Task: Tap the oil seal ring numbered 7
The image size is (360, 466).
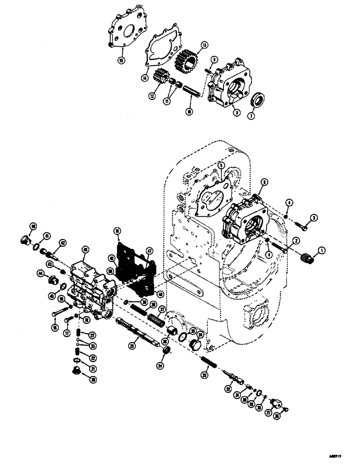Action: (x=257, y=100)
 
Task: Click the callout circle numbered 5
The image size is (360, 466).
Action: (x=222, y=166)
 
